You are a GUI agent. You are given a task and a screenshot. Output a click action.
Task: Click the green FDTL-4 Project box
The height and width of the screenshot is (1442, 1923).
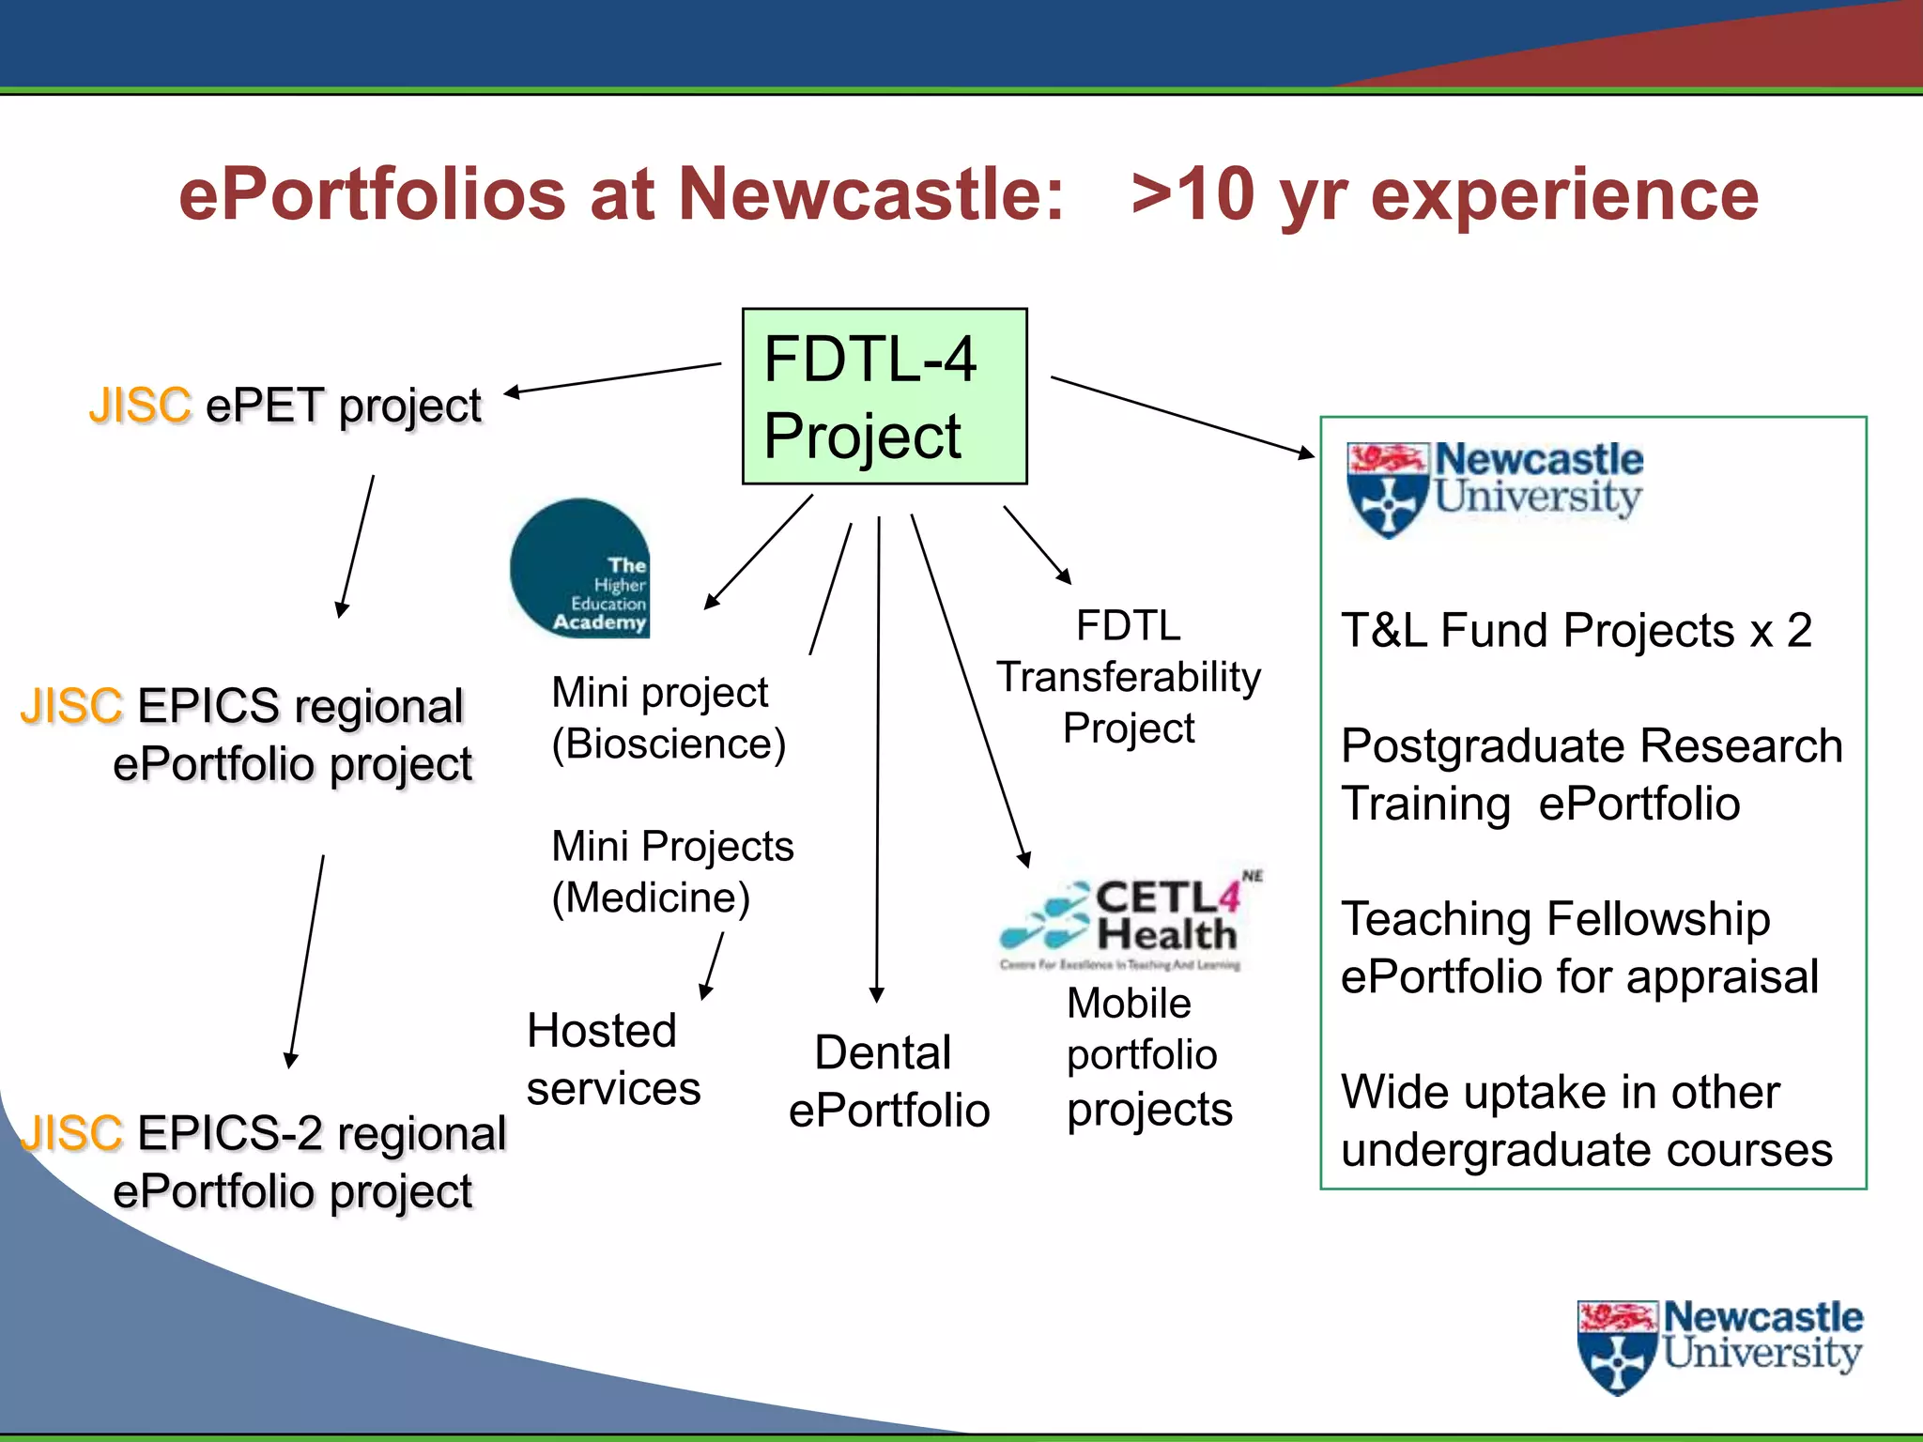tap(884, 396)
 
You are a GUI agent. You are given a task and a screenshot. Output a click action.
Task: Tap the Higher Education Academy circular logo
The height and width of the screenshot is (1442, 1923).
tap(579, 569)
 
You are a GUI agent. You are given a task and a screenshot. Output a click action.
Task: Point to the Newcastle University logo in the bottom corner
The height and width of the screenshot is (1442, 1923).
tap(1719, 1344)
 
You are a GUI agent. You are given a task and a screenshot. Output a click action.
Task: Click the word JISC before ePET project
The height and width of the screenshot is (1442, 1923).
tap(140, 406)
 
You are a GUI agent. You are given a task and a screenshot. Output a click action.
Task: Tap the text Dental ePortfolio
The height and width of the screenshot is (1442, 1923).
tap(888, 1081)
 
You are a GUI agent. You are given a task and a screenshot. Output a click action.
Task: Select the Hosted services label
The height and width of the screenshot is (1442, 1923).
tap(612, 1060)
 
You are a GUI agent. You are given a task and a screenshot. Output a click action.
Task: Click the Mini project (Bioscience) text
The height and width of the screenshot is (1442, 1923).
tap(668, 718)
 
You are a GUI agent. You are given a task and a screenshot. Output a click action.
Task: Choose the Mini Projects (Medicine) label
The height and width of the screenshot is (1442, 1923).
tap(671, 871)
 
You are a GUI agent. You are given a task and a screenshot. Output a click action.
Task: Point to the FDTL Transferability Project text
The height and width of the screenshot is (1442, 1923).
tap(1128, 677)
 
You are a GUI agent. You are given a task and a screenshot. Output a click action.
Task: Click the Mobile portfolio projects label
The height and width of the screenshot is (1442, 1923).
tap(1148, 1056)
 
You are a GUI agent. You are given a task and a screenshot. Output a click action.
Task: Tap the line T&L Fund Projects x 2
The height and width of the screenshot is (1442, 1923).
tap(1576, 630)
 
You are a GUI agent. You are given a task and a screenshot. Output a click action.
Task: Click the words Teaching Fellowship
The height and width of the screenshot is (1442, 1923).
tap(1555, 919)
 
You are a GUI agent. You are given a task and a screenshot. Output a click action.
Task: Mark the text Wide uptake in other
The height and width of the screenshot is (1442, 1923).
tap(1560, 1092)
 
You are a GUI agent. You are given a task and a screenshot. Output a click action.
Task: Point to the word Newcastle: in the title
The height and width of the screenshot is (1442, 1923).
tap(870, 194)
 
